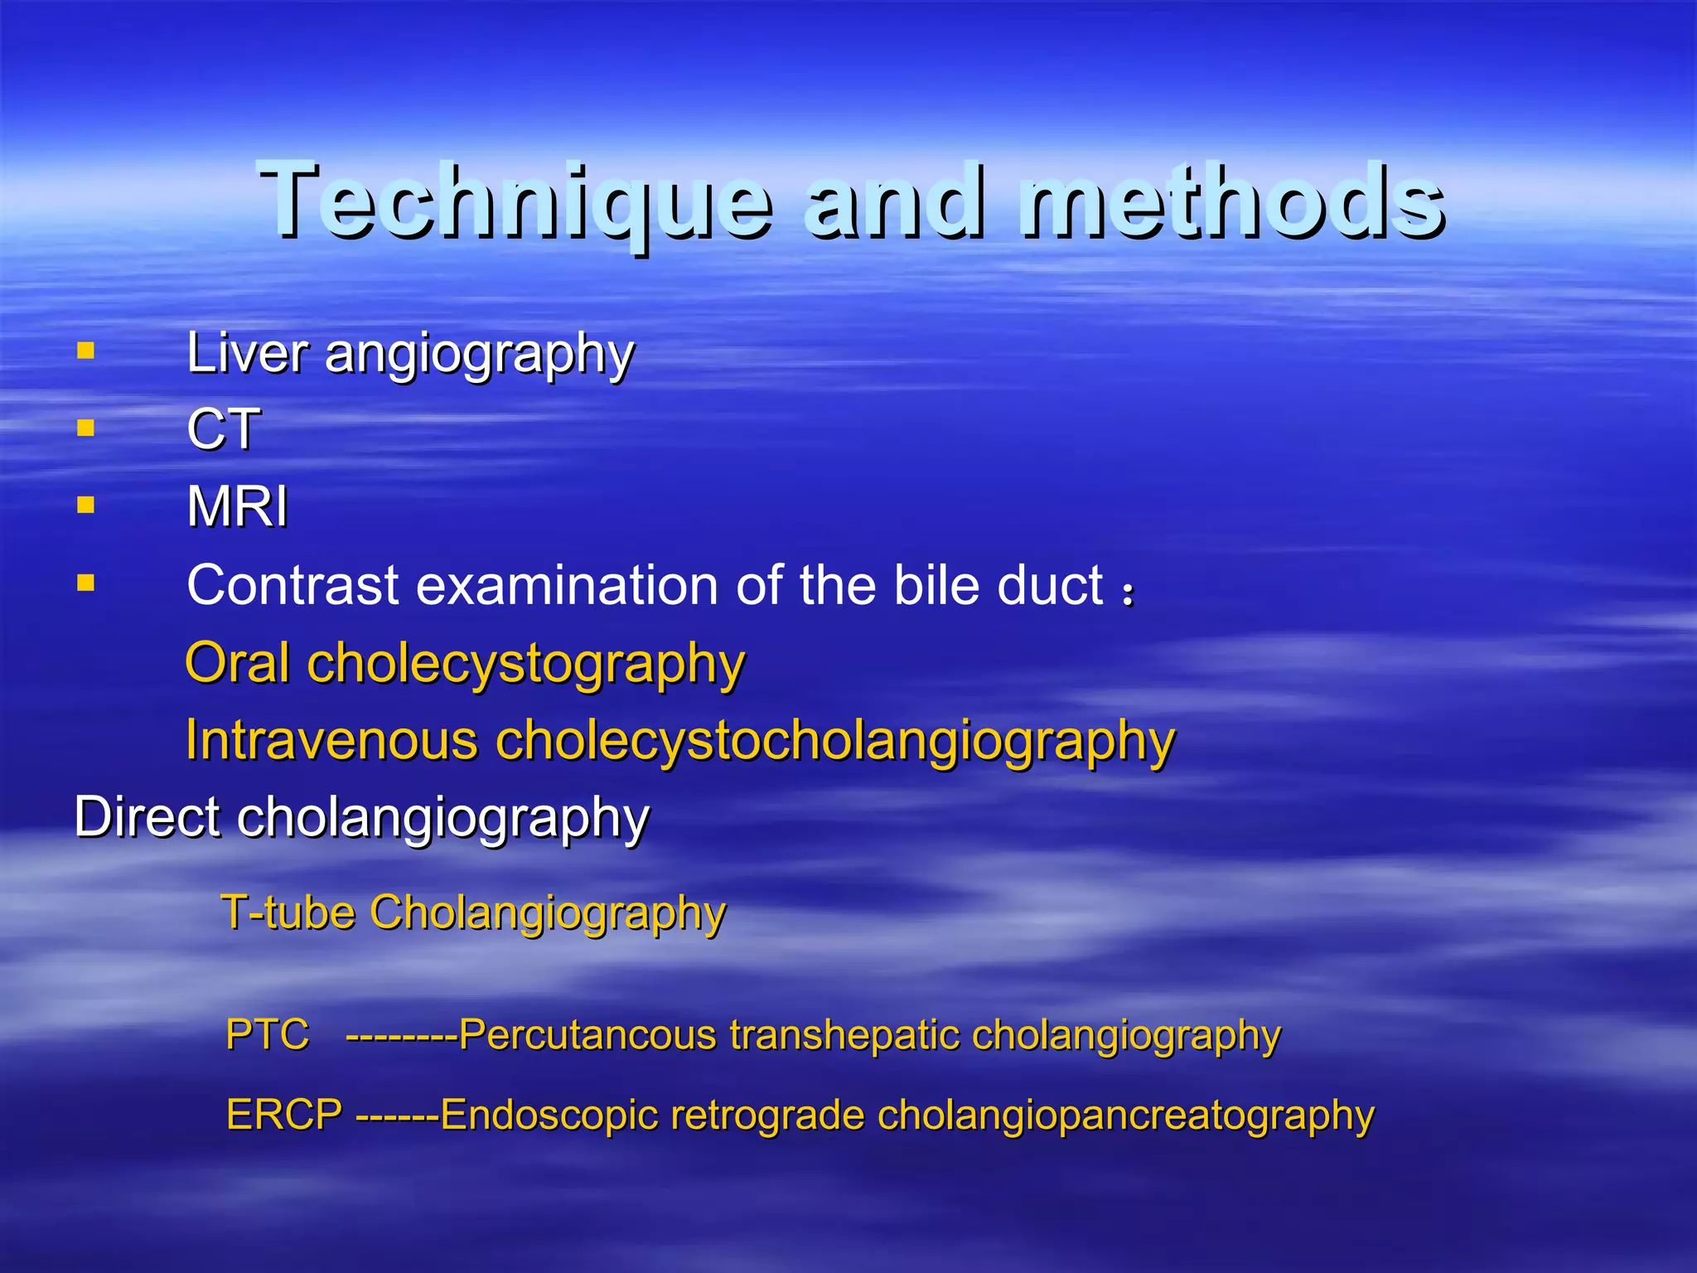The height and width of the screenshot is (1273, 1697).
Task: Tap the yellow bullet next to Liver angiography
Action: coord(85,351)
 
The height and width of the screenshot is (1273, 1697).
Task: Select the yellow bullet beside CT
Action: coord(85,428)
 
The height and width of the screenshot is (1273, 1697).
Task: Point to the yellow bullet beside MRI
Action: coord(85,505)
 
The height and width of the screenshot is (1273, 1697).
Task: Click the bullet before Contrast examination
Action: coord(85,583)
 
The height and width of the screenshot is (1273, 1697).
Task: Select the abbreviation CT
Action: coord(223,429)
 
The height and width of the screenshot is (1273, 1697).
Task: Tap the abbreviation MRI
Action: coord(237,506)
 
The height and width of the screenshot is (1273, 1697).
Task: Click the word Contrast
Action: coord(293,585)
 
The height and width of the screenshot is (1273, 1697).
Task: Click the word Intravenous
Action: coord(331,739)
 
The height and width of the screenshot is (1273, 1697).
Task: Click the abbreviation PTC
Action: coord(268,1034)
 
